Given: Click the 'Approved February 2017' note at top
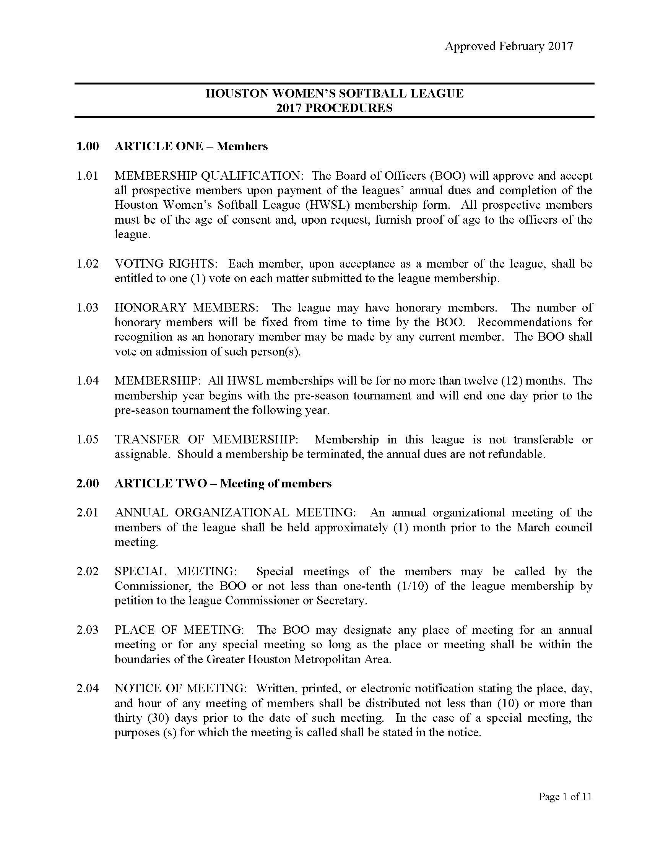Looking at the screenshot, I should tap(509, 47).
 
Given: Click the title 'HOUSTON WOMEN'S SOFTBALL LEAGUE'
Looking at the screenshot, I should tap(334, 94).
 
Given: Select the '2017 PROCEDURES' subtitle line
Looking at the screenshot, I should tap(334, 108).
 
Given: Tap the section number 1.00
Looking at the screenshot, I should tap(88, 146).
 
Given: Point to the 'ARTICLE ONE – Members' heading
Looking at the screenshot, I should tap(191, 146).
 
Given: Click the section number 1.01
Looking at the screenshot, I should tap(88, 176).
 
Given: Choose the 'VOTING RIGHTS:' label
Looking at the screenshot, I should tap(166, 264).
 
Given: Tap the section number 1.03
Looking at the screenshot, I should tap(88, 308).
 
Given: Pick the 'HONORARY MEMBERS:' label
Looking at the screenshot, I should tap(187, 308).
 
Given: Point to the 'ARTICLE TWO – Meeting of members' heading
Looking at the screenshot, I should tap(223, 484).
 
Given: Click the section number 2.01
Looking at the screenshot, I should tap(88, 513).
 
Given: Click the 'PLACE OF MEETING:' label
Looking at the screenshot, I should tap(179, 630).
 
